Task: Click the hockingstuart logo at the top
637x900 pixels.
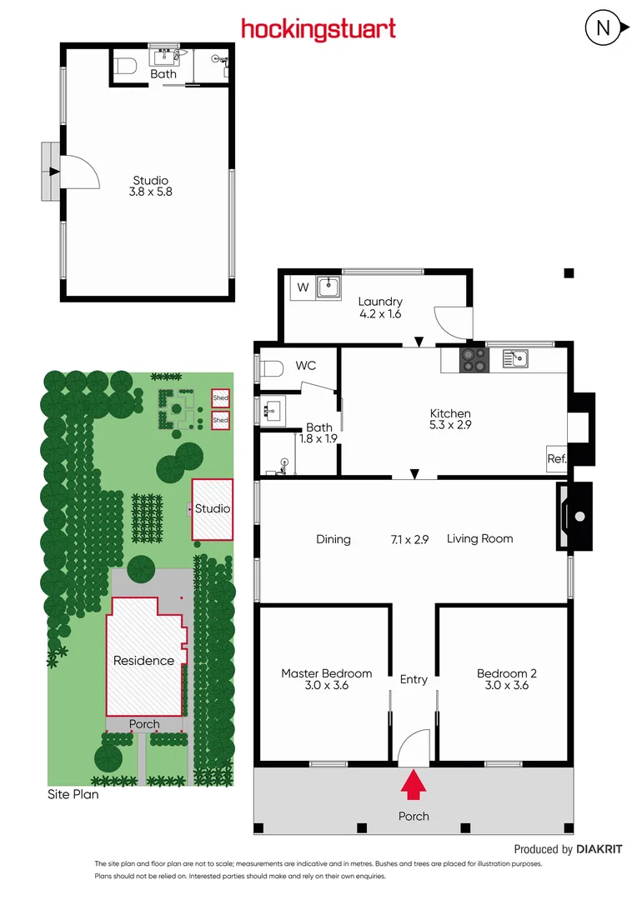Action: click(318, 29)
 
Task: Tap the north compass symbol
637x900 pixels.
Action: click(604, 29)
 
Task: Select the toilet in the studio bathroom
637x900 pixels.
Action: click(126, 65)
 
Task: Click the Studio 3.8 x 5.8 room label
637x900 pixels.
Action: click(152, 186)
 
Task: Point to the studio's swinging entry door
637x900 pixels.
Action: click(80, 172)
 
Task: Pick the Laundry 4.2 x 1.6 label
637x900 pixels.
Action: click(380, 307)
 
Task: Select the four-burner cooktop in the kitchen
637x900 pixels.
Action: click(474, 359)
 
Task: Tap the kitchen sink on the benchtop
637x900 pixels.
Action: click(514, 358)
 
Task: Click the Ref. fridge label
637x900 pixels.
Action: click(556, 459)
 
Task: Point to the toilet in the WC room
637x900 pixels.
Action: click(271, 367)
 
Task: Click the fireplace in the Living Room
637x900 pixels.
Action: click(575, 517)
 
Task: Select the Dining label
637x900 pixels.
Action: click(334, 539)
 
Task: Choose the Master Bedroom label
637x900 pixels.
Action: click(326, 679)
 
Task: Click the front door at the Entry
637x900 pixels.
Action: click(414, 746)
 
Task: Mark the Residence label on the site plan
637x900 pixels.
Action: click(143, 661)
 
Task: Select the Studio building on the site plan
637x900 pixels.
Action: click(212, 508)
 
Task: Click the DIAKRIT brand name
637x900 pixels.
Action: click(599, 849)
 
